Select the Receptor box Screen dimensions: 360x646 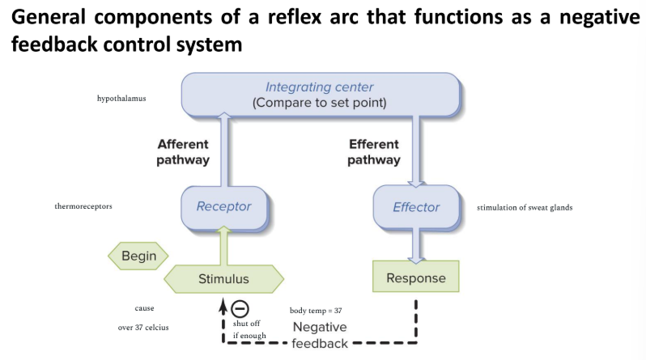[223, 206]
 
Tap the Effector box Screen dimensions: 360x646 [415, 207]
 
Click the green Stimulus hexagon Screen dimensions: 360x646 [223, 279]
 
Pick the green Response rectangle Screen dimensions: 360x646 [415, 277]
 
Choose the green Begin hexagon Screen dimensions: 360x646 [138, 256]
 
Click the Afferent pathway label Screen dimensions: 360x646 [183, 152]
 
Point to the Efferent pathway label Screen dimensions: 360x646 [374, 152]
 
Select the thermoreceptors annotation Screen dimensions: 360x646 [83, 206]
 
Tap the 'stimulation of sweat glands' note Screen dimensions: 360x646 [525, 208]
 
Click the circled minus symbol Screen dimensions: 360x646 [240, 308]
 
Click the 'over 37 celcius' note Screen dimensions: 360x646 [145, 328]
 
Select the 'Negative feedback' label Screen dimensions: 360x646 [320, 335]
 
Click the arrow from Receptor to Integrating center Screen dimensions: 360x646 [225, 149]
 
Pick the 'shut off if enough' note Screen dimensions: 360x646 [246, 328]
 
